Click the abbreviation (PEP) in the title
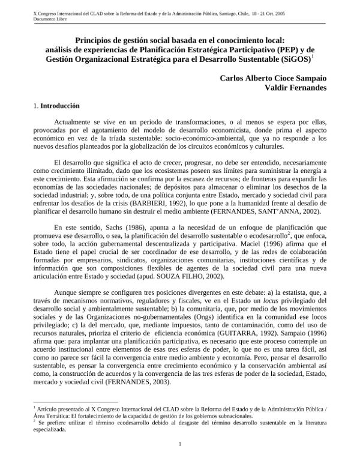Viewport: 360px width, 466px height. pos(282,50)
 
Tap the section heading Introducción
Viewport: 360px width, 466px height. pos(61,106)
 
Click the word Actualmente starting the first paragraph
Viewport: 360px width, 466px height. pos(74,121)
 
